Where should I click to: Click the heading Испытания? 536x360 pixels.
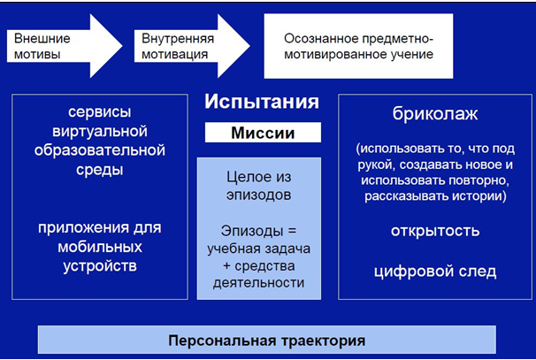[x=262, y=102]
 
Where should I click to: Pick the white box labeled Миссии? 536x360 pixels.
[x=263, y=133]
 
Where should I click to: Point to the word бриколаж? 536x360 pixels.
[x=435, y=114]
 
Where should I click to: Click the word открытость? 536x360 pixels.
[x=435, y=231]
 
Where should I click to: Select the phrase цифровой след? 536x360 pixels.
[x=435, y=272]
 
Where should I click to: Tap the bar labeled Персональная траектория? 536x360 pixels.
[x=266, y=340]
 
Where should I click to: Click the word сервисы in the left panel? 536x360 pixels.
[x=99, y=112]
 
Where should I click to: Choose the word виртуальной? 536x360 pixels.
[x=100, y=131]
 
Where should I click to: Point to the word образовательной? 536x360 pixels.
[x=100, y=150]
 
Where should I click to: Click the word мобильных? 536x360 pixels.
[x=100, y=247]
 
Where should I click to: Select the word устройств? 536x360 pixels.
[x=100, y=266]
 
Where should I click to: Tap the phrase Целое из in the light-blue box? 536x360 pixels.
[x=259, y=177]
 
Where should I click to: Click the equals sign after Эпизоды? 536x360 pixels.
[x=292, y=231]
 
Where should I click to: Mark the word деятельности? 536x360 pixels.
[x=259, y=283]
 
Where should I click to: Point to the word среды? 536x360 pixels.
[x=99, y=170]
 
